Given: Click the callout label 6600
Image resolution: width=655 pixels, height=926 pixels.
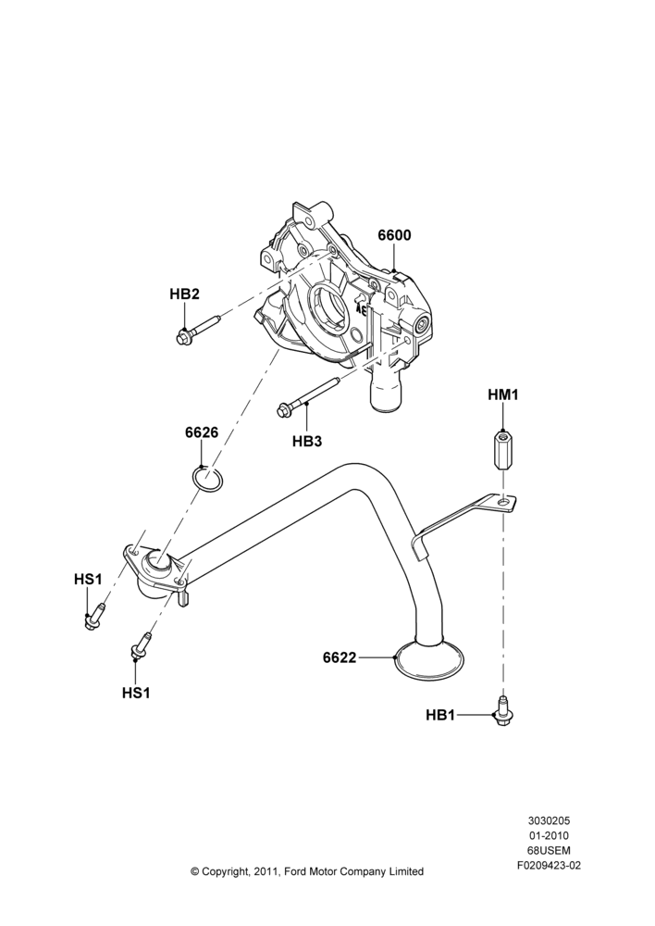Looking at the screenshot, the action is (x=394, y=235).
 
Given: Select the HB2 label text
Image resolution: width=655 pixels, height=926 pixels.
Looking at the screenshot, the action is (x=184, y=294).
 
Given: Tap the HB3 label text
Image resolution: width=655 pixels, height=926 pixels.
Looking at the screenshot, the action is (x=307, y=441).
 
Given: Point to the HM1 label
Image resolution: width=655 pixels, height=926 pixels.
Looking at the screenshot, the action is (x=502, y=394).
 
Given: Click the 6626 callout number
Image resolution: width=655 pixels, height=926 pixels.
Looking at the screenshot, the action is (x=202, y=432).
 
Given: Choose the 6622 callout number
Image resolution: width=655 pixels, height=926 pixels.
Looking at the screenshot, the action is (x=340, y=657).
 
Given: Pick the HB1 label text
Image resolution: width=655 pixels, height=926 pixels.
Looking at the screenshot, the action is (x=440, y=715).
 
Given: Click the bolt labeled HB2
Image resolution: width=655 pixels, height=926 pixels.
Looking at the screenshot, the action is (x=198, y=329).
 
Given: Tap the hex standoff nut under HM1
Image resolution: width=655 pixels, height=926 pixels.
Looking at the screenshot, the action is (x=501, y=450).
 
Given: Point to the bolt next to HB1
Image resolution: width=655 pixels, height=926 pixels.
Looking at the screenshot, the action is (x=502, y=710).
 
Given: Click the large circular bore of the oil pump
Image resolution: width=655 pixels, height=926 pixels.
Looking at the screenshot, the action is (x=327, y=309).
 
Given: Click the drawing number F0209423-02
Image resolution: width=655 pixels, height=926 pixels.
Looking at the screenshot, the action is (x=549, y=867).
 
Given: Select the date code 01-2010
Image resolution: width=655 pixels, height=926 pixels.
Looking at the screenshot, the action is (x=549, y=836).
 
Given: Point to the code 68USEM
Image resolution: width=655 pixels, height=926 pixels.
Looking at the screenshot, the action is (x=549, y=851).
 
